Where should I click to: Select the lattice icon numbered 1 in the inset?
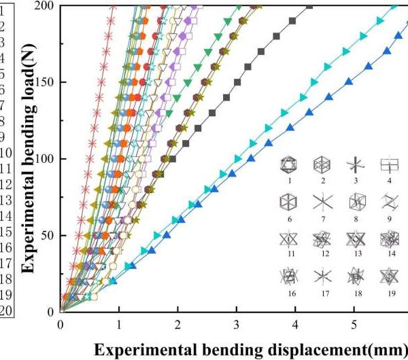289,164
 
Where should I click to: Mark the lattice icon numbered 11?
289,239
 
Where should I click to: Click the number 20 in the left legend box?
3,310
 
